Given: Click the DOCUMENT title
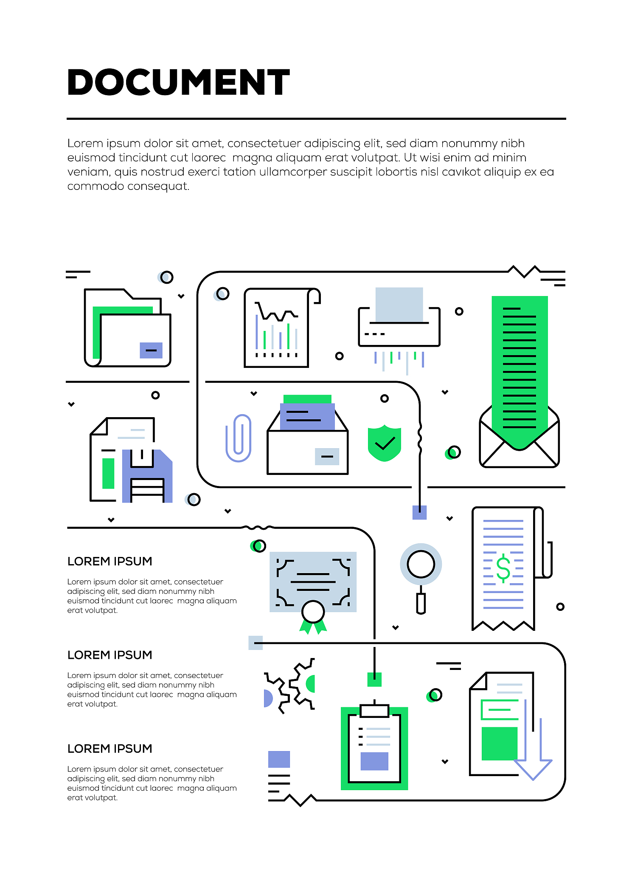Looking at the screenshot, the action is tap(178, 82).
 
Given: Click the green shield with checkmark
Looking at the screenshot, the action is tap(385, 443).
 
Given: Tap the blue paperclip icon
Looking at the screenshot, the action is tap(239, 438).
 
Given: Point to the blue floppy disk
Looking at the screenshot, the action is tap(147, 476).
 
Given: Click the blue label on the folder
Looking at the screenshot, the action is tap(151, 350).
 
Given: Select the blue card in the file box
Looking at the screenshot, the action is tap(307, 417).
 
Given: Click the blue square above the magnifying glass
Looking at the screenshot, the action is tap(419, 512).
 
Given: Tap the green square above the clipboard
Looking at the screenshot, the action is tap(374, 679).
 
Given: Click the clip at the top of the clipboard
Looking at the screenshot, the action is tap(374, 710).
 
